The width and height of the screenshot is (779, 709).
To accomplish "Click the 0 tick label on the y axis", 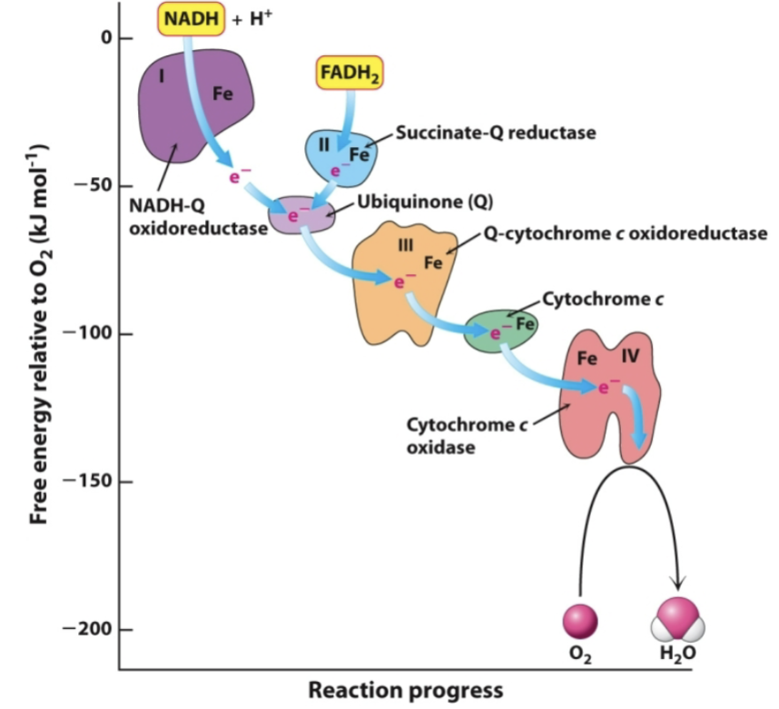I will (x=105, y=38).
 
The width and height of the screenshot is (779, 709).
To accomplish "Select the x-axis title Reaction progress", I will (x=405, y=690).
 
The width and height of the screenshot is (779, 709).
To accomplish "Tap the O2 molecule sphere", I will (x=579, y=620).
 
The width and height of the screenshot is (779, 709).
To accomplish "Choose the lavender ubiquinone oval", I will (x=300, y=214).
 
